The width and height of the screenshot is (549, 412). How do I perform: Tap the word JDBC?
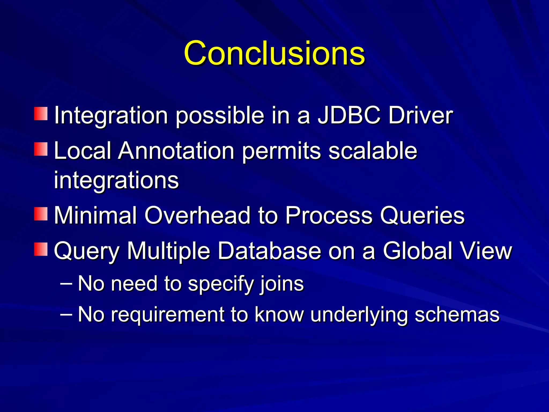(x=349, y=116)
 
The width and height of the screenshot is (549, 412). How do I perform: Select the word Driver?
(x=420, y=116)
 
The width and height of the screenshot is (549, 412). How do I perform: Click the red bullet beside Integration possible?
(x=41, y=114)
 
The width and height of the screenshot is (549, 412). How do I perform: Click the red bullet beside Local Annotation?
(x=41, y=149)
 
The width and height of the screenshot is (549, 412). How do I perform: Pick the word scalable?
(x=373, y=151)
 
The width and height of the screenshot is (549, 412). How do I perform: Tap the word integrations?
(x=116, y=180)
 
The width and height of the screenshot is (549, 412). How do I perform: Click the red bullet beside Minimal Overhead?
(x=41, y=214)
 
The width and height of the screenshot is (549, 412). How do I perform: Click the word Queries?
(x=422, y=216)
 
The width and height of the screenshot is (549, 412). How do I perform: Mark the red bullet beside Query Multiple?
(x=41, y=249)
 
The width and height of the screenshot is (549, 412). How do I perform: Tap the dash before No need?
(x=66, y=283)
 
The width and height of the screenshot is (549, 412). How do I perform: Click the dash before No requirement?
(x=66, y=314)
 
